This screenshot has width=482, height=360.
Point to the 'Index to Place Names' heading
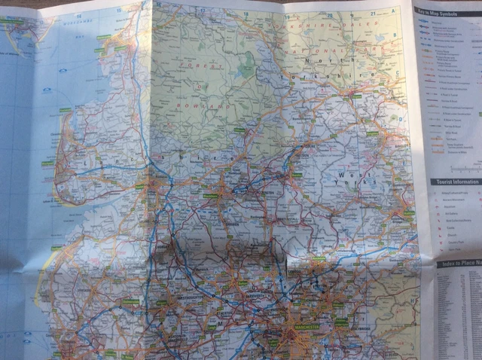(460, 264)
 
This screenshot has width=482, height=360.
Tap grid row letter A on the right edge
(395, 12)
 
